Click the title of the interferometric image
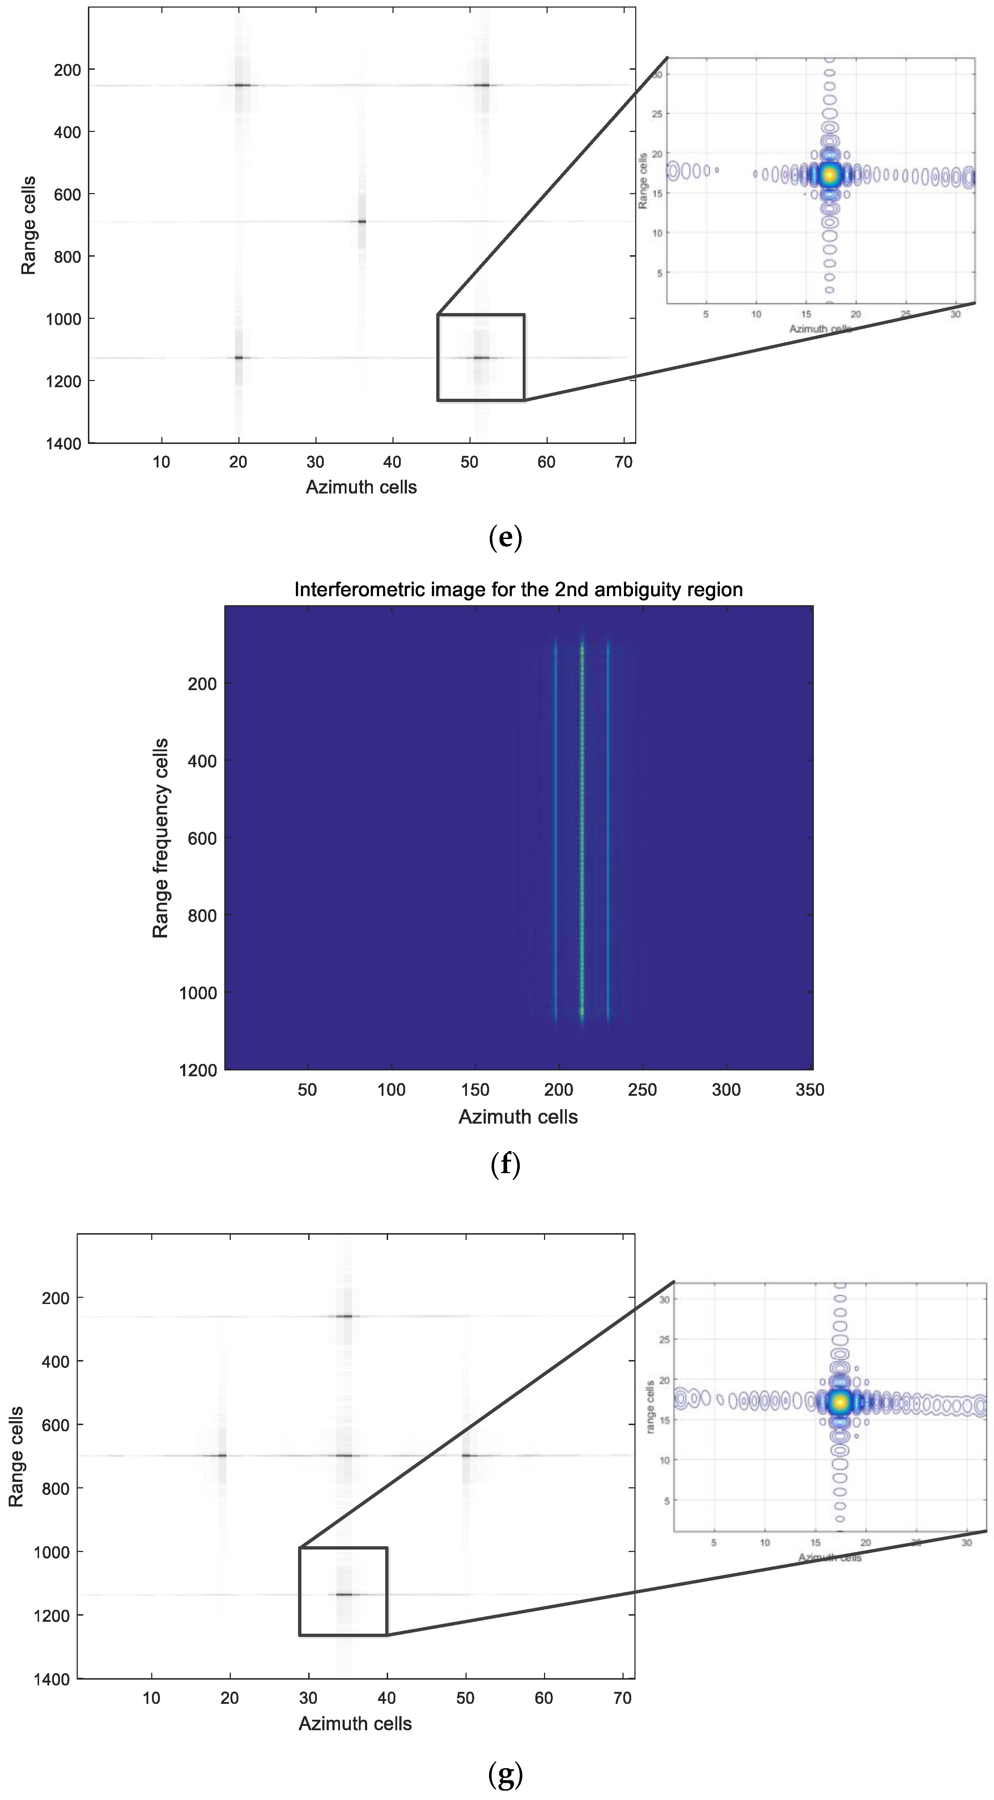(518, 590)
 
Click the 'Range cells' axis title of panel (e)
(28, 226)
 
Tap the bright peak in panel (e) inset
(830, 175)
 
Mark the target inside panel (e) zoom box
(481, 358)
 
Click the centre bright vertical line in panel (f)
(582, 831)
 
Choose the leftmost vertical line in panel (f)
(555, 831)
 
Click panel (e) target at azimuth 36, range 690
(361, 222)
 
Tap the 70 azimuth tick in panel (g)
(622, 1699)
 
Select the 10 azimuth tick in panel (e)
(161, 462)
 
